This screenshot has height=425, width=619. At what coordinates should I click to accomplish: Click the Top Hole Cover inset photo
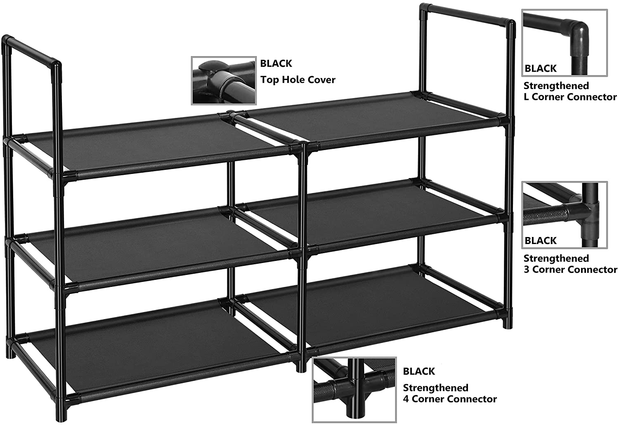pyautogui.click(x=224, y=80)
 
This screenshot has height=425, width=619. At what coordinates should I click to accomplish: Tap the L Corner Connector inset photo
pyautogui.click(x=564, y=43)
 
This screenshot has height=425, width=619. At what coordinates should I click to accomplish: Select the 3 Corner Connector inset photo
pyautogui.click(x=564, y=215)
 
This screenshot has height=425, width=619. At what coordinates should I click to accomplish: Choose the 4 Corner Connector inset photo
pyautogui.click(x=354, y=390)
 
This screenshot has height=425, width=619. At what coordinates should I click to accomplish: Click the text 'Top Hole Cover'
pyautogui.click(x=298, y=80)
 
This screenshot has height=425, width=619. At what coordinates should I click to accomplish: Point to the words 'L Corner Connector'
pyautogui.click(x=570, y=97)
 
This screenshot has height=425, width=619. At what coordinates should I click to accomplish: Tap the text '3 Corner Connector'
pyautogui.click(x=570, y=270)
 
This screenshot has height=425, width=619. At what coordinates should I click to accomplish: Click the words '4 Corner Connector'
pyautogui.click(x=450, y=399)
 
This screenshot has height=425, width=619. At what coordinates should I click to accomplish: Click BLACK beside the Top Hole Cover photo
pyautogui.click(x=276, y=63)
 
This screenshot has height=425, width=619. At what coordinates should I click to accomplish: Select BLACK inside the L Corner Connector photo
pyautogui.click(x=541, y=68)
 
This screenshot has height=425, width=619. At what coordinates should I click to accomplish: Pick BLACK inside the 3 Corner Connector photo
pyautogui.click(x=541, y=241)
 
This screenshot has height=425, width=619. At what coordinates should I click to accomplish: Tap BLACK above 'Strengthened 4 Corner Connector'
pyautogui.click(x=419, y=371)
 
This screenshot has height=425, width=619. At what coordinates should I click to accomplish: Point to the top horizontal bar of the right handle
pyautogui.click(x=467, y=14)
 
